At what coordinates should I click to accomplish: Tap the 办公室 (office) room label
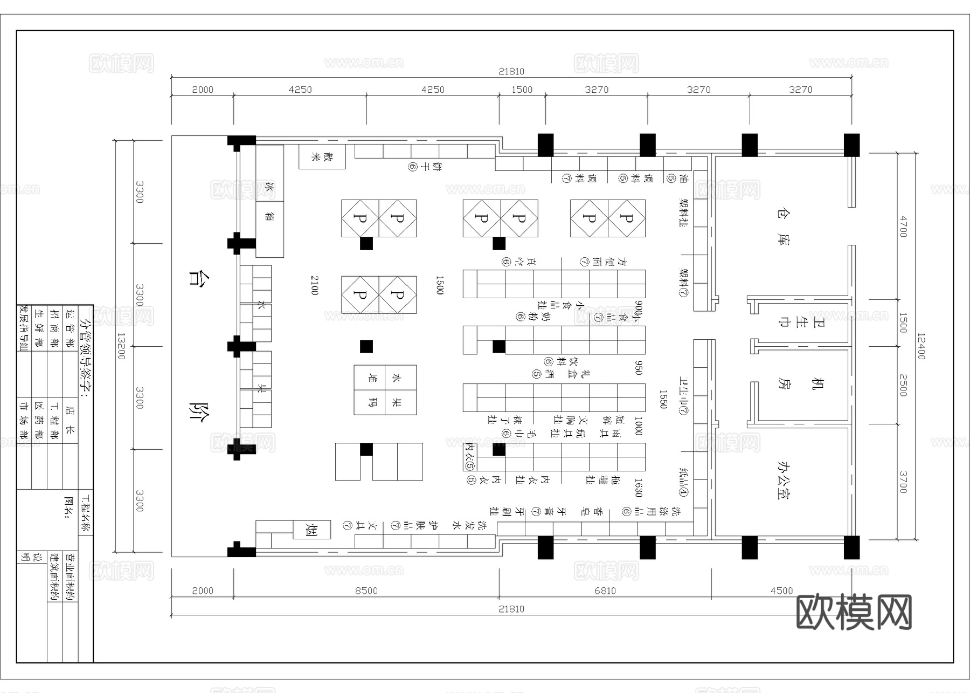[x=783, y=479]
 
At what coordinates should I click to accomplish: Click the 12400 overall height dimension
[x=920, y=346]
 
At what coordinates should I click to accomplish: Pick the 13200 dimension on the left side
[x=121, y=346]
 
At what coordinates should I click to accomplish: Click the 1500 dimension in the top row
[x=522, y=90]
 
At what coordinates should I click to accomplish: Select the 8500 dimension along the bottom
[x=366, y=591]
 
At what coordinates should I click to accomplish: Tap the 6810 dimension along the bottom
[x=605, y=591]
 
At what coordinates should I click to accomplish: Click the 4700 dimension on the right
[x=903, y=226]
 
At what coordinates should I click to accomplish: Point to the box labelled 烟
[x=311, y=530]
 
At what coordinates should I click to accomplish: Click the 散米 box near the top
[x=322, y=157]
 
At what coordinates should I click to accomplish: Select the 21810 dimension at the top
[x=511, y=71]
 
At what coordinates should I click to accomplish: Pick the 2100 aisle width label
[x=315, y=285]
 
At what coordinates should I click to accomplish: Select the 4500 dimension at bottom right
[x=781, y=591]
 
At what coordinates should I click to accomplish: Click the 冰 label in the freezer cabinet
[x=269, y=189]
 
